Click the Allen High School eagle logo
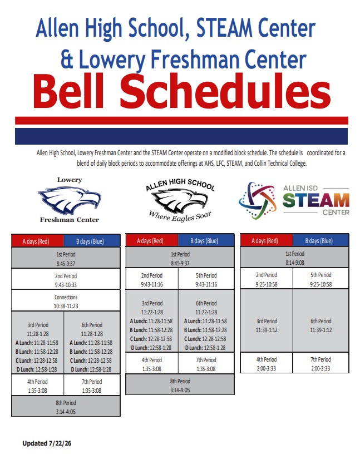[180, 200]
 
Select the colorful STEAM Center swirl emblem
[258, 200]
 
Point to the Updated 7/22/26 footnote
[47, 443]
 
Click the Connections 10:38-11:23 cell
[66, 300]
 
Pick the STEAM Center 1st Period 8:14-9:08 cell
[294, 257]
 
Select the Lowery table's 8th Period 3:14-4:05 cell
[66, 406]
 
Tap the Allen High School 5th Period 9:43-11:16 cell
[206, 279]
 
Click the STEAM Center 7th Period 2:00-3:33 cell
[320, 363]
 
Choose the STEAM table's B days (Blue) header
[320, 240]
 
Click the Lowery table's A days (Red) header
[37, 241]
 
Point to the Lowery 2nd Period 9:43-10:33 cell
[66, 279]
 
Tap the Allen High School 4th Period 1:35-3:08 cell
[152, 363]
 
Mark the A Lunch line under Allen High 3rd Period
[151, 321]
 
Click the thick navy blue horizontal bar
[181, 136]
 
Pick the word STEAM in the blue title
[224, 28]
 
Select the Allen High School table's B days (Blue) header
[206, 240]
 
